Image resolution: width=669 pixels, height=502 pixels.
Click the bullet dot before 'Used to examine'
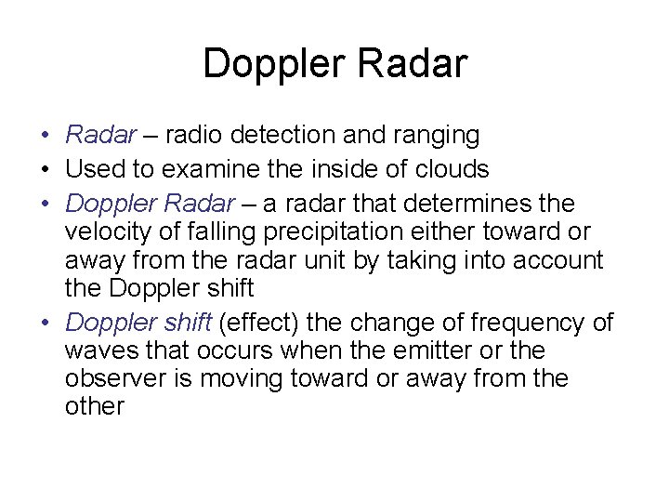click(x=45, y=170)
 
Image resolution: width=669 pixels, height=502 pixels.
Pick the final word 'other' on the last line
click(x=95, y=407)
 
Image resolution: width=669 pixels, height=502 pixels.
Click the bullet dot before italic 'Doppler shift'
click(x=45, y=324)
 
